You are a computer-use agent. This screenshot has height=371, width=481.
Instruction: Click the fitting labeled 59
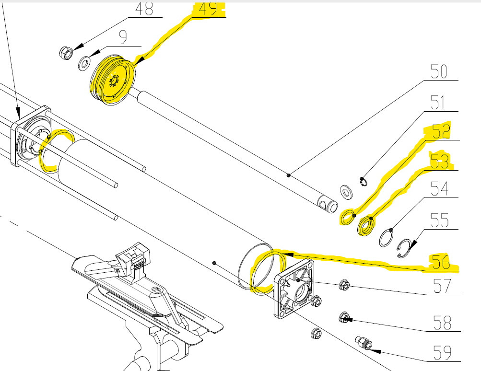pos(364,343)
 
